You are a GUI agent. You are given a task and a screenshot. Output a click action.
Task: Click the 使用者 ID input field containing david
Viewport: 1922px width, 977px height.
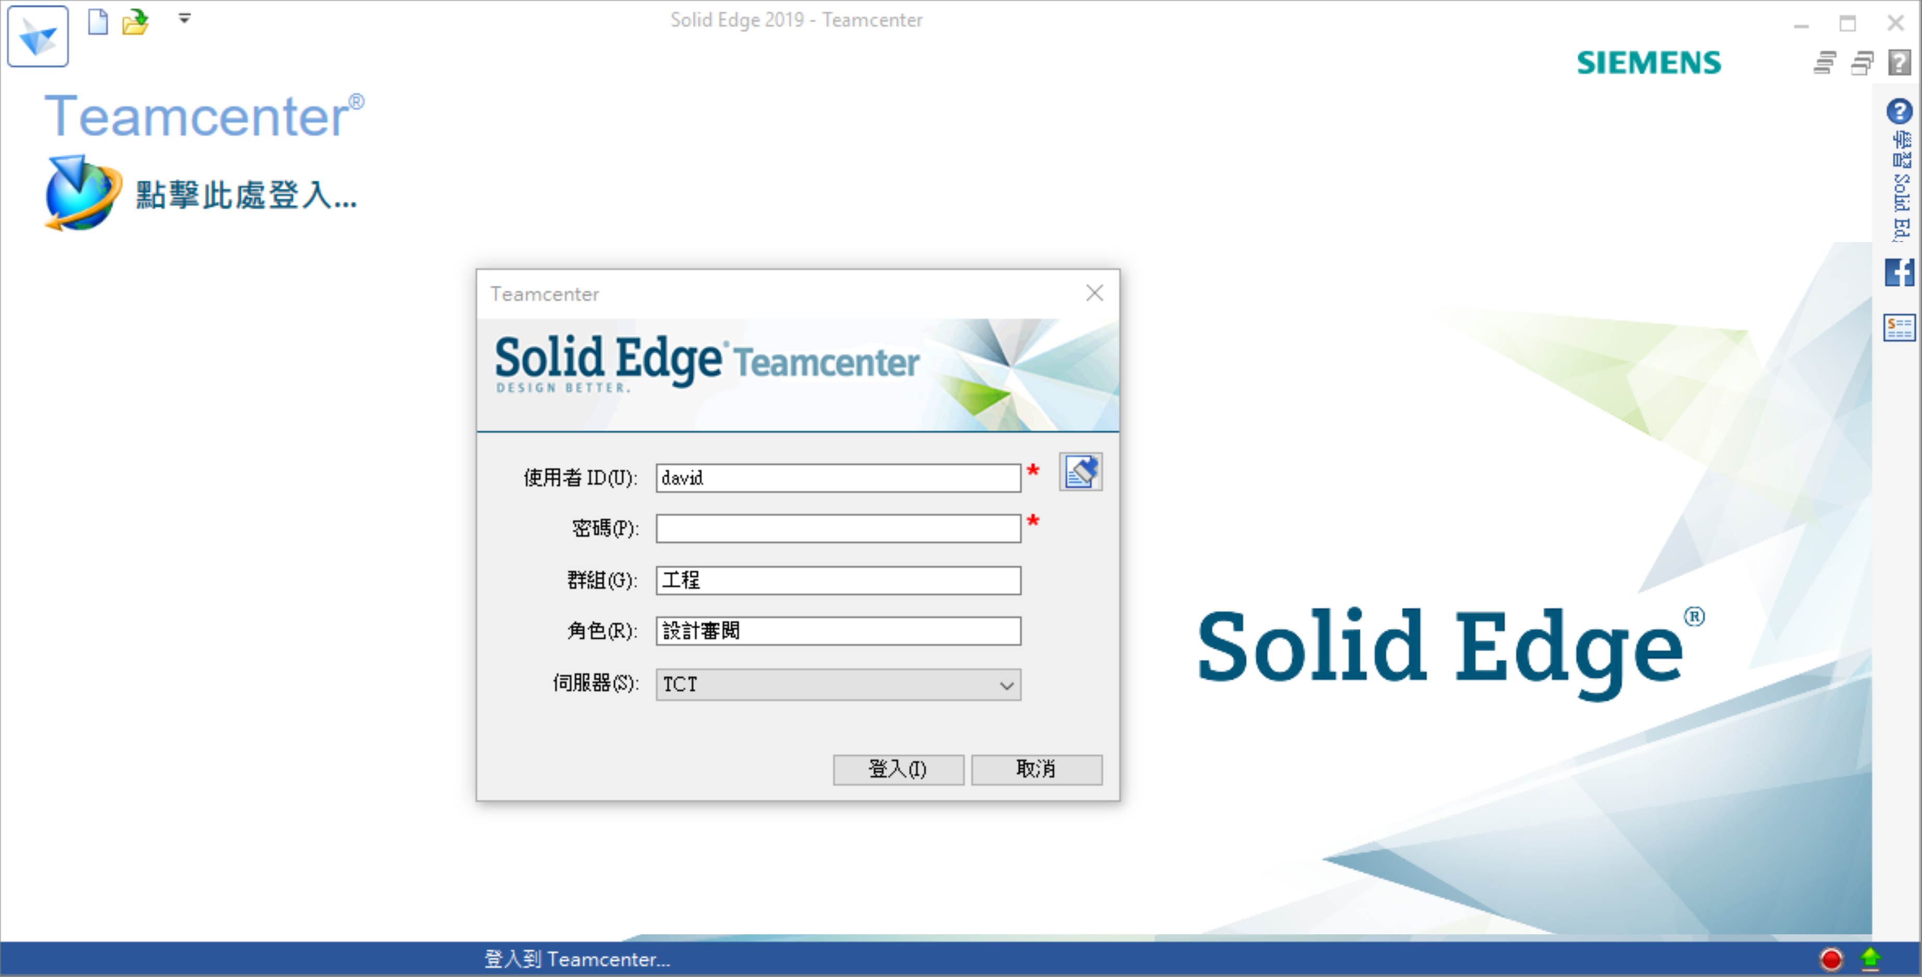click(x=838, y=478)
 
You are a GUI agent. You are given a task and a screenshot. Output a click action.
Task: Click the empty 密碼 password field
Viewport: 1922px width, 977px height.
click(x=838, y=528)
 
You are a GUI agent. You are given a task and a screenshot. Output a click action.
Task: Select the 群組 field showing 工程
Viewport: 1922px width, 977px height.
click(x=838, y=580)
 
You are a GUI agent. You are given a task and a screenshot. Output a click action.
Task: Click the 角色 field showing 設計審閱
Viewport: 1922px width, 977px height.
click(x=838, y=631)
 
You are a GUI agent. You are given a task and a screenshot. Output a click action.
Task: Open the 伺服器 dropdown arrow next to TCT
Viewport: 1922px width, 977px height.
click(x=1007, y=685)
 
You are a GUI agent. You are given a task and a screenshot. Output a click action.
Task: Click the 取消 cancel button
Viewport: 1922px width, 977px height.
click(x=1036, y=769)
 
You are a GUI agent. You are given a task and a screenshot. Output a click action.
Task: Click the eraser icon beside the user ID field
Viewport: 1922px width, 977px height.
click(x=1080, y=472)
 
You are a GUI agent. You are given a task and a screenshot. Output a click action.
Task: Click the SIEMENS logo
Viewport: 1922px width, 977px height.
click(x=1649, y=62)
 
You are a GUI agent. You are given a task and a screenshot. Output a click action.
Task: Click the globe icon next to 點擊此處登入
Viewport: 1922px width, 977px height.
click(x=83, y=193)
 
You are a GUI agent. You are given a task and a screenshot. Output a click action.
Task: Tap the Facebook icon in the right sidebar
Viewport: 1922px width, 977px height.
click(x=1900, y=272)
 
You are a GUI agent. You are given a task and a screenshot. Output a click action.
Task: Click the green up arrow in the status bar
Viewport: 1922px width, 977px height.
click(x=1871, y=958)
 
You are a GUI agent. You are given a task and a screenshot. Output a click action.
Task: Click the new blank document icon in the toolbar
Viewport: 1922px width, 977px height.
click(x=98, y=22)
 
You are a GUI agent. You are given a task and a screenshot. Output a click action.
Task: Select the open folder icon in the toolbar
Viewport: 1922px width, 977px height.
click(x=136, y=22)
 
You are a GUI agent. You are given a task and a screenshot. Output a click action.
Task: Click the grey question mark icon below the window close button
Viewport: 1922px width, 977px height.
click(x=1900, y=62)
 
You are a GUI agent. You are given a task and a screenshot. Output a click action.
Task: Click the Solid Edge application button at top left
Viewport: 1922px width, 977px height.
click(x=38, y=36)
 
